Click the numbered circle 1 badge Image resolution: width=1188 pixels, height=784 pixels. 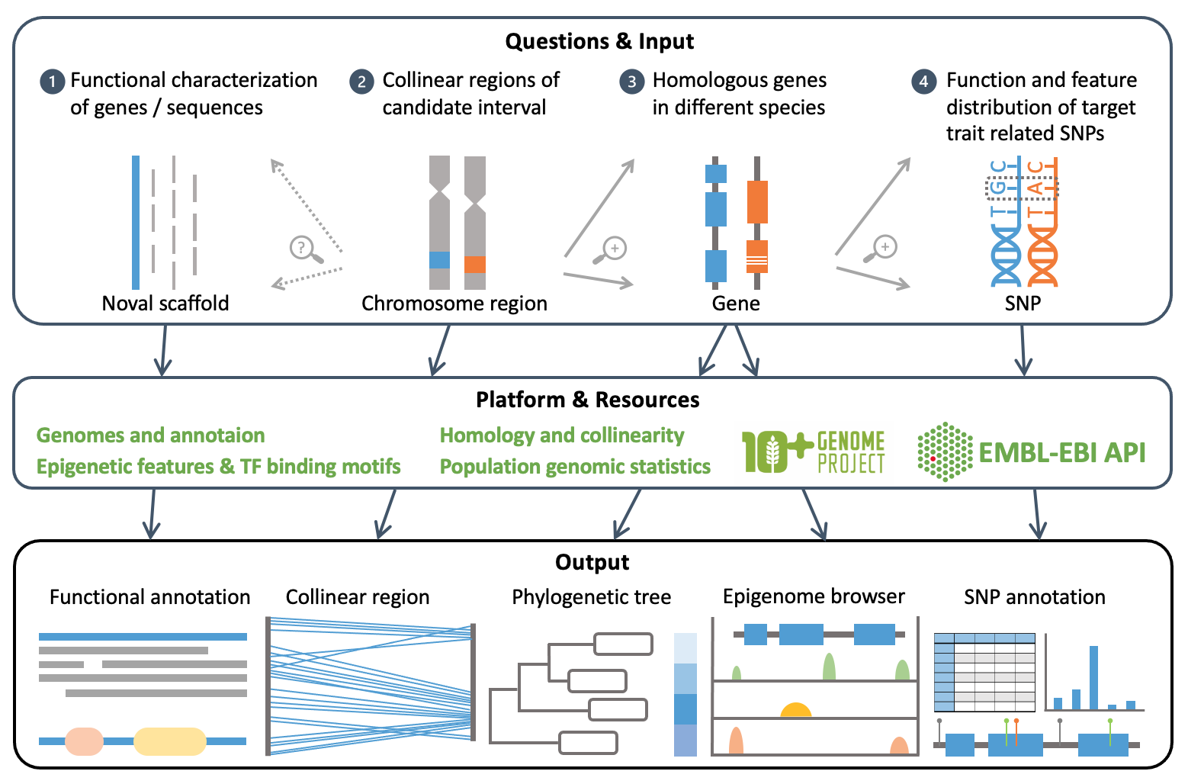[x=52, y=82]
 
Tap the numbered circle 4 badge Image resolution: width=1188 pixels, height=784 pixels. [x=924, y=82]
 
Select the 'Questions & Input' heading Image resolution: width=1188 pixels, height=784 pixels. [x=599, y=41]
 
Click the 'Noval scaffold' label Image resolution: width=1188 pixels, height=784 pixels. [x=165, y=304]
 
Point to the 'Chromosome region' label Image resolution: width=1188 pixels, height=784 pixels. [x=454, y=304]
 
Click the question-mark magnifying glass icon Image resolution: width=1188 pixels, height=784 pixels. [x=305, y=249]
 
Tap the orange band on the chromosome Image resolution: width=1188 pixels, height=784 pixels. [x=475, y=264]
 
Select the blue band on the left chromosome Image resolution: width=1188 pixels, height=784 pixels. [x=439, y=260]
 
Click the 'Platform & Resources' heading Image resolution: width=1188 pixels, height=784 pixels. [x=587, y=400]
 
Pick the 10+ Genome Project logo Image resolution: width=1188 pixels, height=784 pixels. [x=813, y=451]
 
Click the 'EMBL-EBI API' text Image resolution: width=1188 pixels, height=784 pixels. [x=1061, y=452]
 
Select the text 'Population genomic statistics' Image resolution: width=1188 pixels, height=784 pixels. [x=575, y=467]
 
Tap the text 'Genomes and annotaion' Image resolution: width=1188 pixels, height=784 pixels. [x=151, y=435]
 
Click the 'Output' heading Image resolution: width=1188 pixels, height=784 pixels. [x=592, y=563]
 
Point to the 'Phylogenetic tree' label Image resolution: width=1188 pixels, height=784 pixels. [x=591, y=597]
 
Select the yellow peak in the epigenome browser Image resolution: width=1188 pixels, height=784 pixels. [x=795, y=710]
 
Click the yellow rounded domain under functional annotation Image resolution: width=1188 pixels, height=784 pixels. [x=170, y=741]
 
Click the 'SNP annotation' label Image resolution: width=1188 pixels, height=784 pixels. [x=1034, y=597]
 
